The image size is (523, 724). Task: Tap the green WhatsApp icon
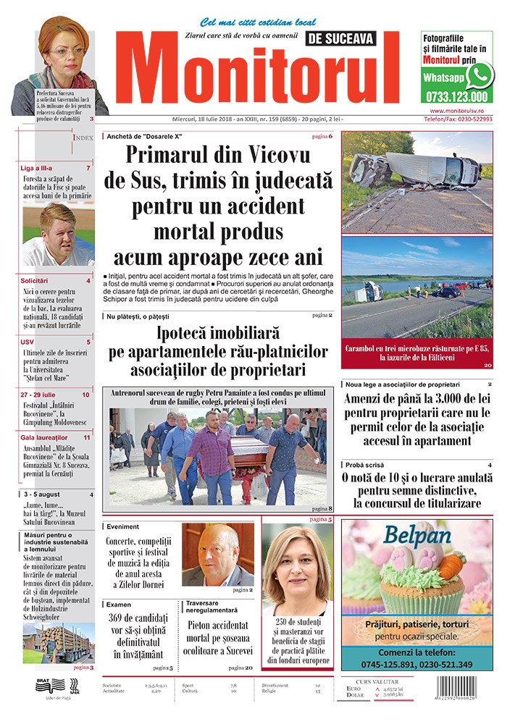point(480,75)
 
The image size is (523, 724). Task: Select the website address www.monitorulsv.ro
point(456,109)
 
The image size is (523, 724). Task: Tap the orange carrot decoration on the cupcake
point(451,564)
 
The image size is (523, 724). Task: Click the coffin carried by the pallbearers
point(233,455)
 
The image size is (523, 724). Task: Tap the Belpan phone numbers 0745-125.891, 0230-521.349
point(416,665)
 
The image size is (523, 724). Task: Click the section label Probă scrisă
point(366,464)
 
